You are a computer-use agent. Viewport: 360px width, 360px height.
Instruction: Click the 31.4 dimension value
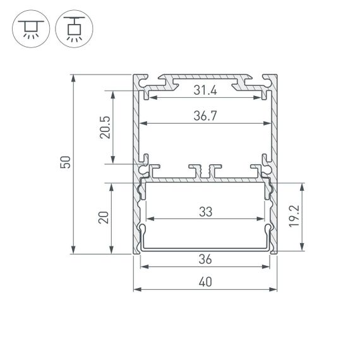[205, 91]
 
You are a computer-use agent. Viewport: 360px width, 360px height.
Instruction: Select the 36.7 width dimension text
[205, 116]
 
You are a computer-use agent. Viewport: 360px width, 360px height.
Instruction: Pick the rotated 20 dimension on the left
[105, 218]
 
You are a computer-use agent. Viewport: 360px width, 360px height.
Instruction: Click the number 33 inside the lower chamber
[205, 212]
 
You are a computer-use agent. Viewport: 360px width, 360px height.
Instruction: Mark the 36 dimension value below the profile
[205, 260]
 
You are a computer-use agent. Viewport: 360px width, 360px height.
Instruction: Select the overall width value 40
[205, 282]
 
